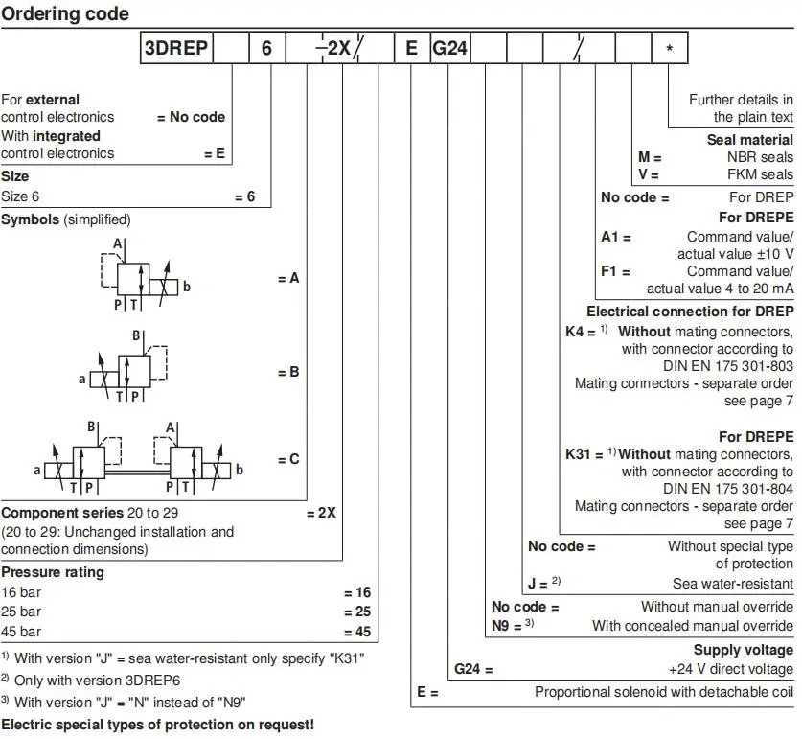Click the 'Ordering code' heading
click(x=65, y=14)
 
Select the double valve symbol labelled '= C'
click(x=137, y=458)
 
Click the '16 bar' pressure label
click(x=21, y=592)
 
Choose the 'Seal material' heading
click(x=750, y=139)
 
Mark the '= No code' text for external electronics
click(x=191, y=117)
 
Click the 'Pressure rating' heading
click(x=53, y=572)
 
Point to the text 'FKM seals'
click(x=762, y=174)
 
